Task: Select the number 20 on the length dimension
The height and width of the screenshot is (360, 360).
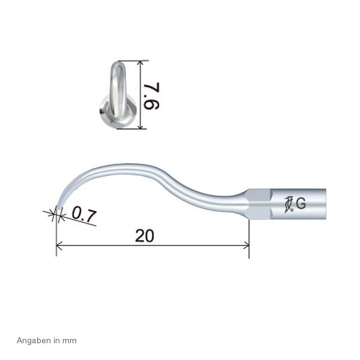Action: click(x=145, y=236)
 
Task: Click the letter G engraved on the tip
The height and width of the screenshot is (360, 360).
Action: click(x=301, y=203)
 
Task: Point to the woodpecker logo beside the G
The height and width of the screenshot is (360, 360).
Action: click(x=289, y=203)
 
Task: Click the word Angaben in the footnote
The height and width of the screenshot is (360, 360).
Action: click(x=30, y=340)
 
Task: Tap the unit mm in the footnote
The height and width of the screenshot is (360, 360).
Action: click(x=71, y=340)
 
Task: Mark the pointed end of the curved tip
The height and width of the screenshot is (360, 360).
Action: click(x=57, y=211)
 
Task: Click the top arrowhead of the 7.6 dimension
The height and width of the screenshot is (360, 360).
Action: click(x=140, y=62)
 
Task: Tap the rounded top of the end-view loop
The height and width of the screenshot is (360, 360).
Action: click(x=118, y=62)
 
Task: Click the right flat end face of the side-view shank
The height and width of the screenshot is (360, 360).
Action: click(x=325, y=202)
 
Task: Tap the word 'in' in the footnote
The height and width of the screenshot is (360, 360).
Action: click(x=59, y=340)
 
